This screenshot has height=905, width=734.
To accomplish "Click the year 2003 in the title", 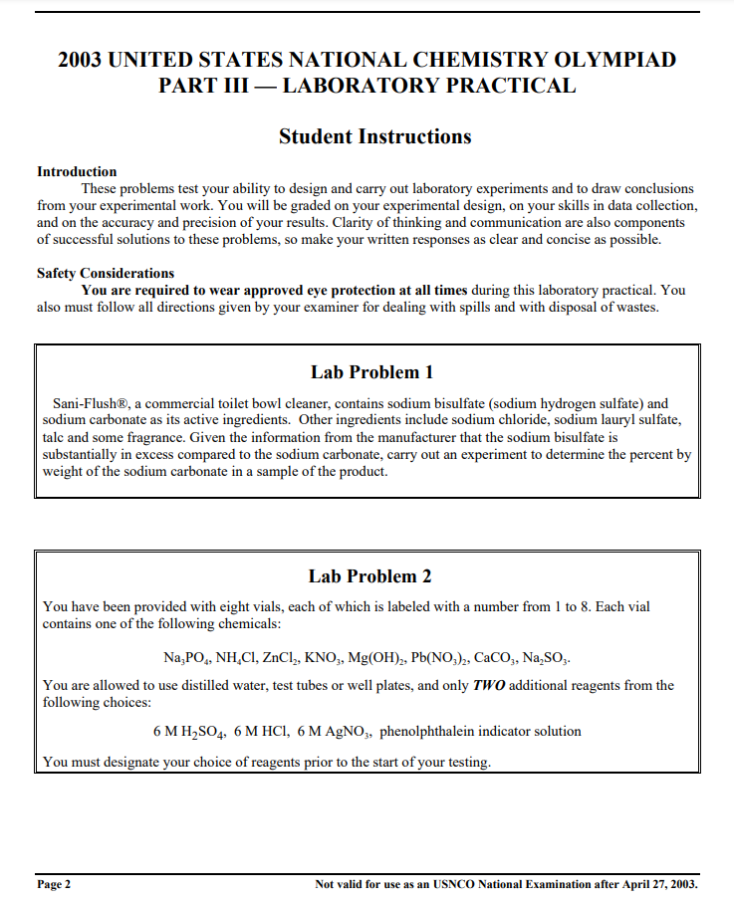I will tap(80, 60).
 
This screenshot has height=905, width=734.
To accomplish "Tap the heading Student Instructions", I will tap(374, 136).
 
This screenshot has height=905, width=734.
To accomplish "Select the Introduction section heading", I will tap(77, 171).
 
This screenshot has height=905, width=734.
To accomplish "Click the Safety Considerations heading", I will tap(106, 273).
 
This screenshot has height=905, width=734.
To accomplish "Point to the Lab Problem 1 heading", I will tap(371, 372).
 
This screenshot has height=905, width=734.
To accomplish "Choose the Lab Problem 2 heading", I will tap(369, 575).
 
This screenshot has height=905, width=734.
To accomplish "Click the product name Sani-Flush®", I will tap(90, 403).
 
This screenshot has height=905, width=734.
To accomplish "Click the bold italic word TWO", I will tap(488, 685).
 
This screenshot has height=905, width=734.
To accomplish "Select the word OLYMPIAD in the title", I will tap(614, 60).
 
